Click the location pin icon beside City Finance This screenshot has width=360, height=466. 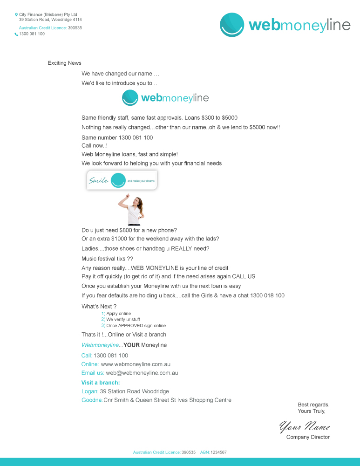coord(16,15)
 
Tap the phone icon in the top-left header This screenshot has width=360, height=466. coord(16,34)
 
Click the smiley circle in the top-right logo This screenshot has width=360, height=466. coord(232,25)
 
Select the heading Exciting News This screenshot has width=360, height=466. coord(64,63)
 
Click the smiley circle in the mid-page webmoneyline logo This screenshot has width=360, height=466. coord(130,98)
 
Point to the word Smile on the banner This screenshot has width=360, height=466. coord(99,180)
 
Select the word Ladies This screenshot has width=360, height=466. coord(90,248)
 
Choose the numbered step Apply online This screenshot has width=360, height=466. coord(118,314)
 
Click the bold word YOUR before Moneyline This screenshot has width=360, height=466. coord(131,345)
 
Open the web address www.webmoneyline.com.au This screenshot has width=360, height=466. coord(139,364)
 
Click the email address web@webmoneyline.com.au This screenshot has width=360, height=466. coord(142,373)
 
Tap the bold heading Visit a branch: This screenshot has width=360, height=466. coord(101,383)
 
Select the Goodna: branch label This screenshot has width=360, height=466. coord(92,400)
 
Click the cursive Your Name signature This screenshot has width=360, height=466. coord(305,426)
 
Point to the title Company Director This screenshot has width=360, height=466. coord(308,437)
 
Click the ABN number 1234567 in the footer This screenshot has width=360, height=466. coord(218,452)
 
